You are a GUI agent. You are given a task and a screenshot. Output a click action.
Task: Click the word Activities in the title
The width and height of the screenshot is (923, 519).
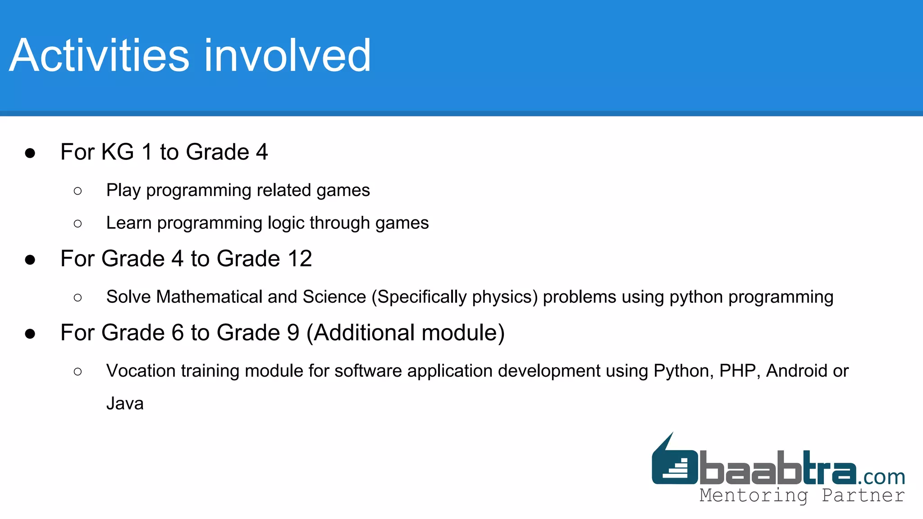click(x=99, y=56)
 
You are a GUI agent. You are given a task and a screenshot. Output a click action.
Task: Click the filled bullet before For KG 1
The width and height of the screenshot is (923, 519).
click(x=30, y=153)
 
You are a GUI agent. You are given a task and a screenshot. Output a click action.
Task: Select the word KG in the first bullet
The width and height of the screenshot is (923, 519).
click(x=118, y=152)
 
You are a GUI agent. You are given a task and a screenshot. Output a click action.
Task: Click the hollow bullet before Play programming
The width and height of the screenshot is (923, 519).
click(x=78, y=191)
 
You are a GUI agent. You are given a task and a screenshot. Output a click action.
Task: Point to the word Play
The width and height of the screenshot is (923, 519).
click(x=123, y=191)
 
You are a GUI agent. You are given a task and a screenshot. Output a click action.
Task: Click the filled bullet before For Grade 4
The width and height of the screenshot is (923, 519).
click(x=30, y=260)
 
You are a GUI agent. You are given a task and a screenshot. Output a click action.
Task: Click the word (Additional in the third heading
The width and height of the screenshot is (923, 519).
click(x=361, y=333)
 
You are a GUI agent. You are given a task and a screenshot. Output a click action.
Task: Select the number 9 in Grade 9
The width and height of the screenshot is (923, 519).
click(x=293, y=333)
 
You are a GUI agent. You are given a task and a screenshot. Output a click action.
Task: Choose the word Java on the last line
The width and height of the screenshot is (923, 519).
click(x=125, y=404)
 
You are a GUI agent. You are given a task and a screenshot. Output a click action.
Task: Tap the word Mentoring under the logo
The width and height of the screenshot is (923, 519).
click(x=754, y=495)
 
